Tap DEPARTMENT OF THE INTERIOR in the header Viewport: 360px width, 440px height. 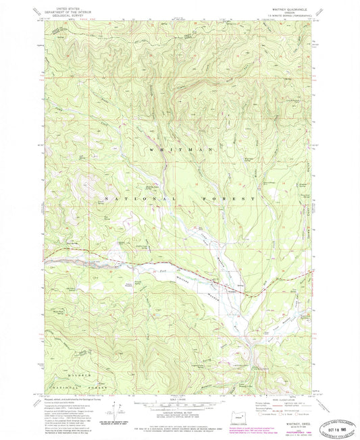coord(63,11)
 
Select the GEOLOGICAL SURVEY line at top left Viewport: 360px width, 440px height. coord(63,15)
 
